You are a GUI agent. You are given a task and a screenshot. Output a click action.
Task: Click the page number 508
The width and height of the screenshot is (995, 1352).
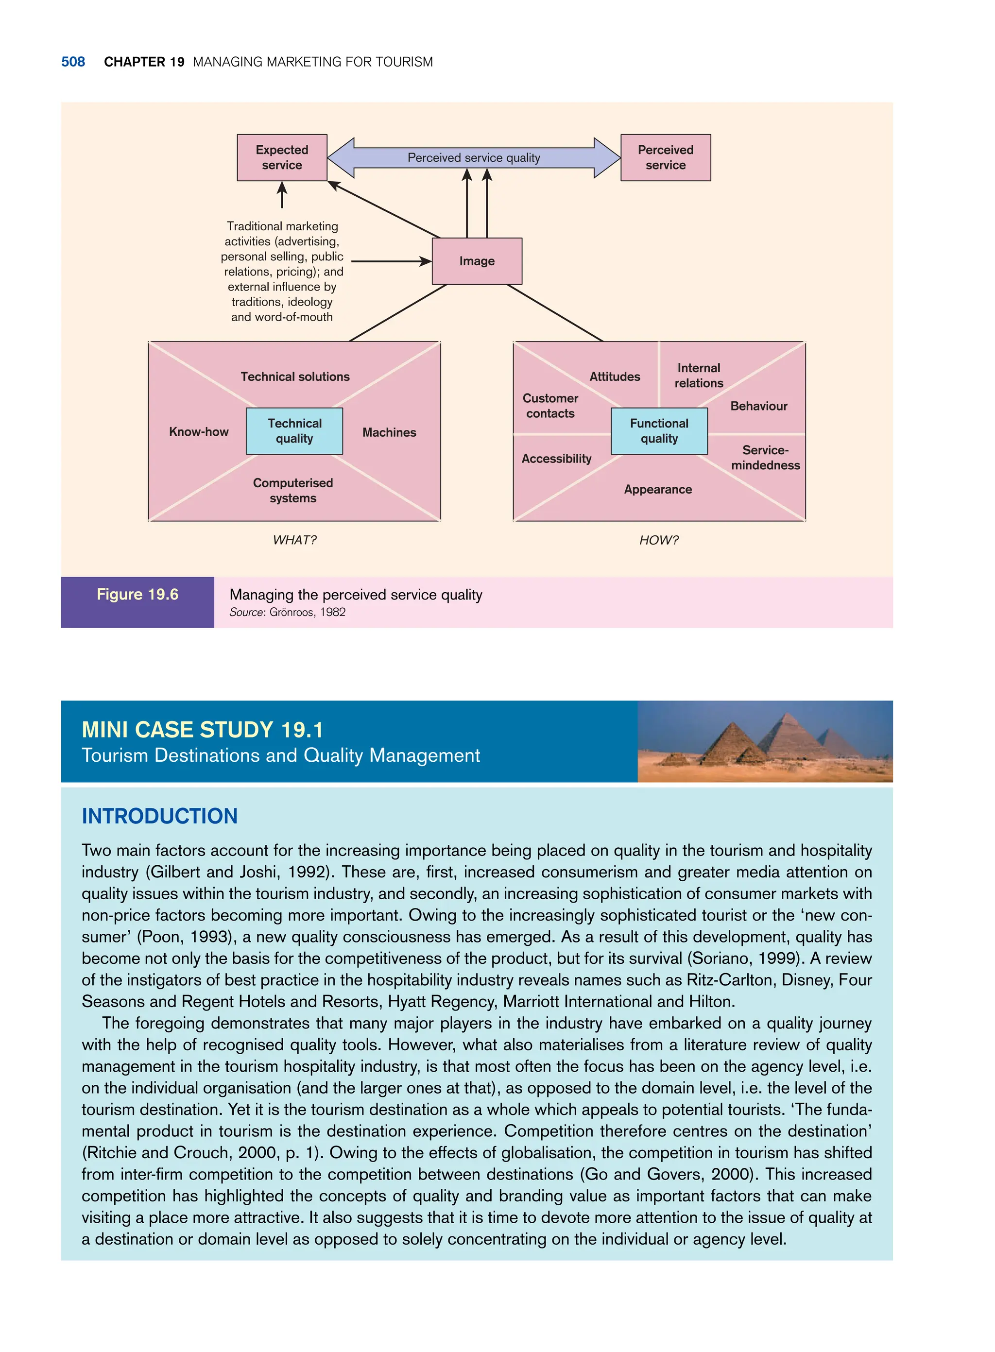click(x=73, y=62)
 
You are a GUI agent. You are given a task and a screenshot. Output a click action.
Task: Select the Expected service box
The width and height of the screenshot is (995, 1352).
click(x=282, y=158)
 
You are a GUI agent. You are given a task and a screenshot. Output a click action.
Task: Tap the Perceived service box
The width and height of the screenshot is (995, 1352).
click(x=666, y=158)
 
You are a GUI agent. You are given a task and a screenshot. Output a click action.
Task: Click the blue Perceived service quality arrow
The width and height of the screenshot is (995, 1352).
click(x=473, y=158)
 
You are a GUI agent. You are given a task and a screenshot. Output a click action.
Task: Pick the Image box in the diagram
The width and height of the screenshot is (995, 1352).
click(x=477, y=261)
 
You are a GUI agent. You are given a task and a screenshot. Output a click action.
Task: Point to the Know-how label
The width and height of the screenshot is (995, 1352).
click(x=199, y=432)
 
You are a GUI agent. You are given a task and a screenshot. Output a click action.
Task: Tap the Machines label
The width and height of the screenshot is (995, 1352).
click(x=389, y=432)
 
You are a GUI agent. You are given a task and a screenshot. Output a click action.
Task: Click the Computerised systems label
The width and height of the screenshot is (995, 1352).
click(x=292, y=490)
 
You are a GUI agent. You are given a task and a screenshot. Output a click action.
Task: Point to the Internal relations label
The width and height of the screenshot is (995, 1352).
click(x=699, y=375)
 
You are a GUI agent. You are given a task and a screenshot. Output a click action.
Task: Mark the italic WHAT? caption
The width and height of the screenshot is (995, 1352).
click(x=294, y=540)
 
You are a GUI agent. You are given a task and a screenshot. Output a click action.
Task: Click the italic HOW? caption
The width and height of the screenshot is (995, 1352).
click(x=658, y=540)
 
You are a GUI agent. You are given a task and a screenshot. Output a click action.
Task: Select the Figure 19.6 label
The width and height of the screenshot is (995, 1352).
click(x=137, y=595)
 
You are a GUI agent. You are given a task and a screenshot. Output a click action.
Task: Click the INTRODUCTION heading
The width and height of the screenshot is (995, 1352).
click(x=160, y=816)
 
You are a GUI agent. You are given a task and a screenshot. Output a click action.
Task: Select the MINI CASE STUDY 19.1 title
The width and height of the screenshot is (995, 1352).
click(x=203, y=730)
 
